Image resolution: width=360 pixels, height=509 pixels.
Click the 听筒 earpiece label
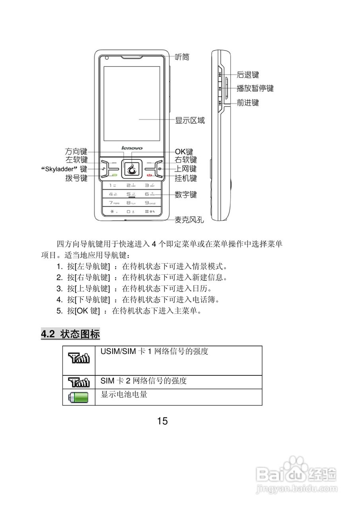pyautogui.click(x=182, y=57)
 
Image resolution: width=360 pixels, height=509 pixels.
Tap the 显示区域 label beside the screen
pyautogui.click(x=190, y=120)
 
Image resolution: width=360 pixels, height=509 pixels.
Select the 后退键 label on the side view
pyautogui.click(x=247, y=74)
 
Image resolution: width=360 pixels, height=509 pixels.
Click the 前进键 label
pyautogui.click(x=247, y=103)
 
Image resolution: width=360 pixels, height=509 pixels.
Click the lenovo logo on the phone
pyautogui.click(x=132, y=148)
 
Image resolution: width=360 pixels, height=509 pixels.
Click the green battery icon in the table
pyautogui.click(x=79, y=397)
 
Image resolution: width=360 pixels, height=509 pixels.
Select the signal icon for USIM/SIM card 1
pyautogui.click(x=79, y=358)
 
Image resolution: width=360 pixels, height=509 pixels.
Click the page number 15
pyautogui.click(x=162, y=421)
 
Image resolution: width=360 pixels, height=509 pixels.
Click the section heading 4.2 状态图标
pyautogui.click(x=70, y=334)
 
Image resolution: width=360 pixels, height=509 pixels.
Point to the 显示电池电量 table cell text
pyautogui.click(x=124, y=394)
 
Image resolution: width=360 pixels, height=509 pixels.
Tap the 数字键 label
pyautogui.click(x=186, y=195)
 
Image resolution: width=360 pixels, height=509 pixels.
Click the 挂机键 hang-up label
pyautogui.click(x=186, y=178)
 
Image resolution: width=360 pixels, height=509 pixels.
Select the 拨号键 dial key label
pyautogui.click(x=76, y=178)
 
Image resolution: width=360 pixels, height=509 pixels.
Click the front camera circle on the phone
pyautogui.click(x=107, y=58)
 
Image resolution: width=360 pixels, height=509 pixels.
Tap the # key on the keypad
pyautogui.click(x=150, y=212)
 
